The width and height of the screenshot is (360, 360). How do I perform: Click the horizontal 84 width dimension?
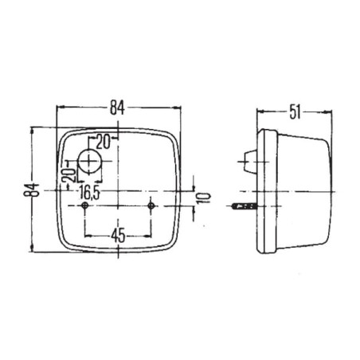118,108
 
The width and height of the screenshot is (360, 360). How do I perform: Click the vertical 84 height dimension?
32,190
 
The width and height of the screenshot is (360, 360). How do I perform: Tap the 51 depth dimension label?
295,112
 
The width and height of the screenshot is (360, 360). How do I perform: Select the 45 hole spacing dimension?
118,236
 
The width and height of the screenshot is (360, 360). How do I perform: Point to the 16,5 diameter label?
89,192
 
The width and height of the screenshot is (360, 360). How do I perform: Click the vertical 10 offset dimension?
204,198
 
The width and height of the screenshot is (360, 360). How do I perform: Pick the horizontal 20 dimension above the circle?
103,142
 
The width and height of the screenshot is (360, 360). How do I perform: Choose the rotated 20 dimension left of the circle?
68,175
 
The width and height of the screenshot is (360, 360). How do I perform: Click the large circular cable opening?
89,161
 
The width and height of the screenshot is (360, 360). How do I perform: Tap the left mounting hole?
85,205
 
